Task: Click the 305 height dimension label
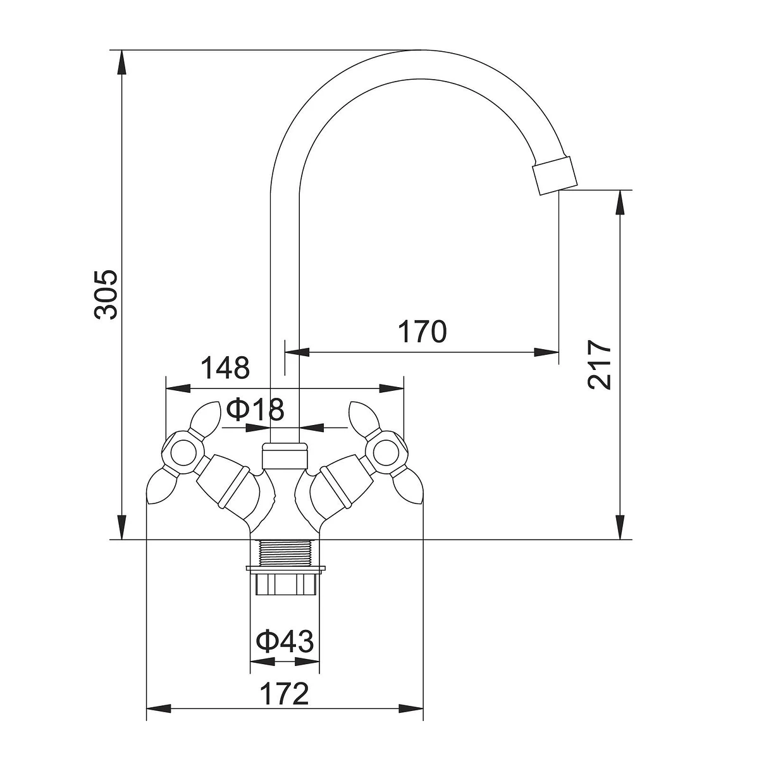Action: pos(106,294)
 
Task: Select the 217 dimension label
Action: pos(599,364)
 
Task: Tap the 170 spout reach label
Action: pos(423,331)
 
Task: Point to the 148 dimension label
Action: pos(225,367)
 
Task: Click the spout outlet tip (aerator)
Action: pos(555,176)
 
